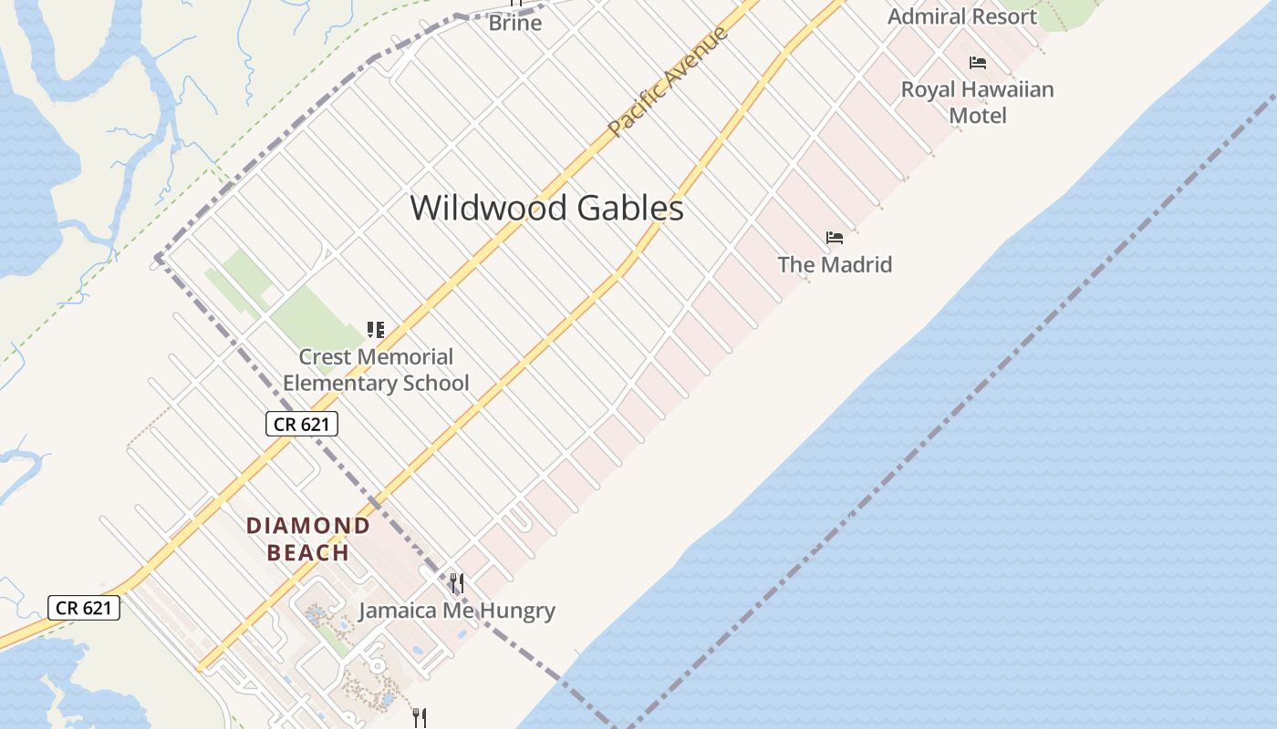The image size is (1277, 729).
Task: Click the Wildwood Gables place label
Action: (546, 208)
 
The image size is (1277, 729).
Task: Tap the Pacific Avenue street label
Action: (669, 81)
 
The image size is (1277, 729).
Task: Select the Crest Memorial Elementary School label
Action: (376, 369)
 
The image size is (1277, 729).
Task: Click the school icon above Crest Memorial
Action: (375, 329)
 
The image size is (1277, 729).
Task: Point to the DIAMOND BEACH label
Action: (308, 539)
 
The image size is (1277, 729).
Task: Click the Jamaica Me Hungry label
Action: (456, 610)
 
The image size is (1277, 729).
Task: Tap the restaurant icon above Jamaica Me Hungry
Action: (457, 582)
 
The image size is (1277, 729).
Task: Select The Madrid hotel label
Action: (835, 264)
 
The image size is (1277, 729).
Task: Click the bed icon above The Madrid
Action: (835, 238)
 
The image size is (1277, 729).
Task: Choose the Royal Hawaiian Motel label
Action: (978, 102)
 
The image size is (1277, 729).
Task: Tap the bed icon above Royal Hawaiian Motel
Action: (978, 62)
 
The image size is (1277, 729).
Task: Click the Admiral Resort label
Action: (962, 16)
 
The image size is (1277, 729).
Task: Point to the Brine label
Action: (515, 23)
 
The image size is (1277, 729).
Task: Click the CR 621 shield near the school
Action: (302, 424)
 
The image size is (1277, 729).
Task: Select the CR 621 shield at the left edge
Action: (84, 608)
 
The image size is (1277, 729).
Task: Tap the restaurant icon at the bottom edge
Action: (420, 717)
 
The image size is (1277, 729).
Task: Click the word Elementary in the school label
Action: (337, 383)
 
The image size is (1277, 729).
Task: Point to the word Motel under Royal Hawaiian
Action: (978, 116)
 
